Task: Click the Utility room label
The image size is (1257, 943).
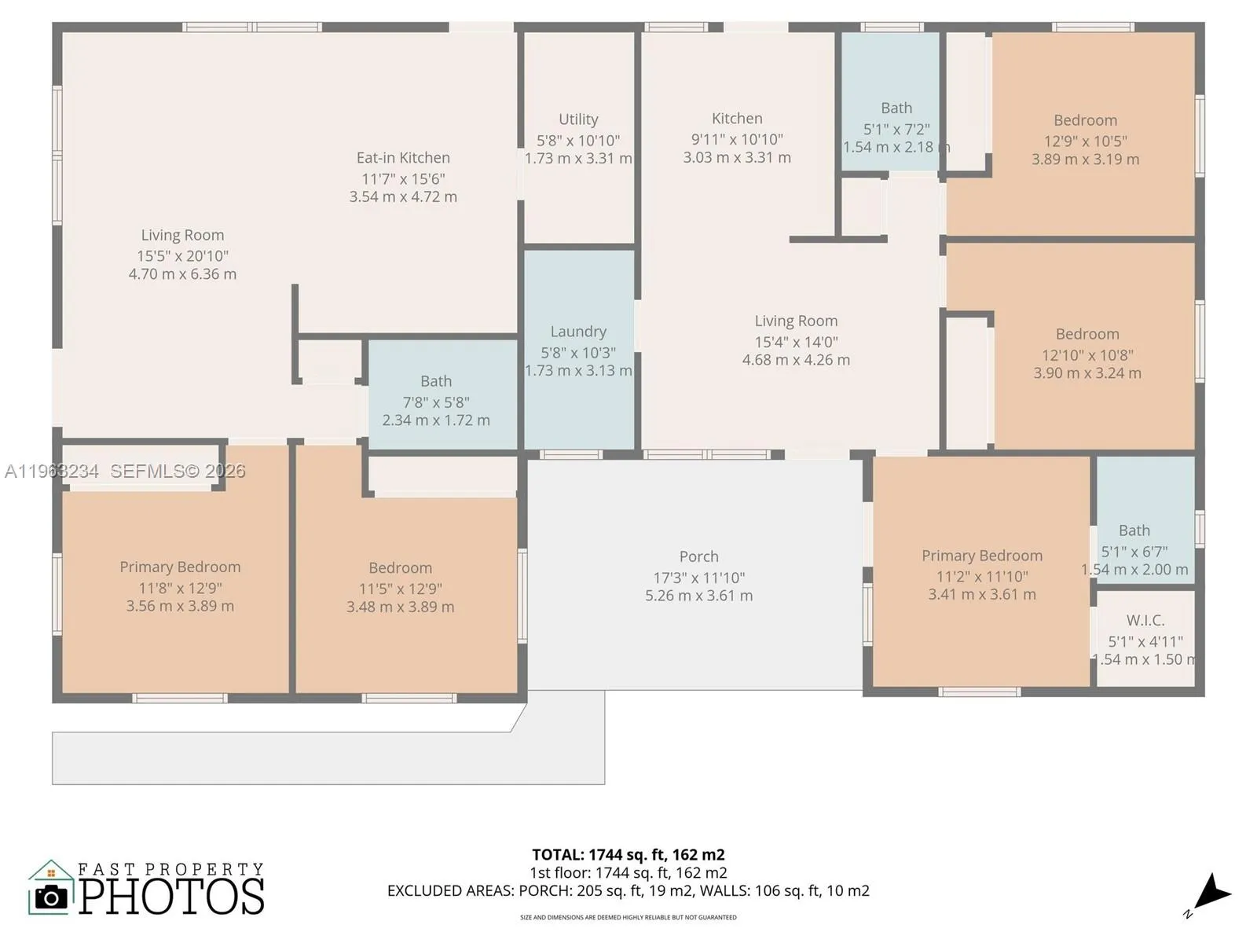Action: [x=578, y=119]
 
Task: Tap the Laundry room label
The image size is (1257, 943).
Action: [x=578, y=332]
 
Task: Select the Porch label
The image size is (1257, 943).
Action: [x=698, y=556]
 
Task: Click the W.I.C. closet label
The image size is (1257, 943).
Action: [x=1145, y=620]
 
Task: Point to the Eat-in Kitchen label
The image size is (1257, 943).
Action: [x=403, y=158]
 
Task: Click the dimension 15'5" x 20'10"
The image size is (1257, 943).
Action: [x=183, y=255]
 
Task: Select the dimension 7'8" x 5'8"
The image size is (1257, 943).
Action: [x=436, y=402]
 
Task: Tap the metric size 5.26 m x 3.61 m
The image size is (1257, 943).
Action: [x=698, y=596]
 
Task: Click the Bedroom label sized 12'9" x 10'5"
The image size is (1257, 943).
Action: [x=1085, y=120]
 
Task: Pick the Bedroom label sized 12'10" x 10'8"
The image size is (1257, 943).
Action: [x=1087, y=334]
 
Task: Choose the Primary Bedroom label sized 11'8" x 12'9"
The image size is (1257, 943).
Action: [x=180, y=567]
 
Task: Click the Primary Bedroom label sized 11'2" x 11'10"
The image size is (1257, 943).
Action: [x=982, y=556]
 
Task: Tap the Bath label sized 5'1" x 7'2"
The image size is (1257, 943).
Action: [x=896, y=108]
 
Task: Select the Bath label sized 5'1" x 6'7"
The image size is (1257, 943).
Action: [x=1134, y=530]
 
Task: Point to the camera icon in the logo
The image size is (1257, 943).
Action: [x=52, y=897]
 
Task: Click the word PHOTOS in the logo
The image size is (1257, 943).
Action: [x=171, y=897]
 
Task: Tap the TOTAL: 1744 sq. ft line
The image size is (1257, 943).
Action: [x=628, y=854]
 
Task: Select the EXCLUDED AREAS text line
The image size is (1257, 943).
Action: [x=628, y=890]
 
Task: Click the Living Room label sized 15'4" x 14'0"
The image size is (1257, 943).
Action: [x=796, y=321]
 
